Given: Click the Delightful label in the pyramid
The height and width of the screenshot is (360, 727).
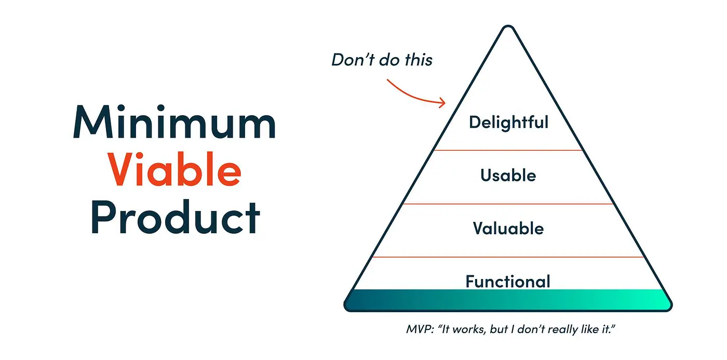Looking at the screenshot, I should click(508, 123).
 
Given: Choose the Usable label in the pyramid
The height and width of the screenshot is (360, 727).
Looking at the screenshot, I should click(508, 176).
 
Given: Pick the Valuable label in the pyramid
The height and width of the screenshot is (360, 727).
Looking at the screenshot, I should click(508, 229).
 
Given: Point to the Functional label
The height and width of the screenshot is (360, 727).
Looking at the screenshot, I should click(508, 281).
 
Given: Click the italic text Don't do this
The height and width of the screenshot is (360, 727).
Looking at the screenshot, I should click(382, 60).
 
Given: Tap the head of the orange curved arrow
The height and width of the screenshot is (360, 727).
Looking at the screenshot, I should click(443, 102).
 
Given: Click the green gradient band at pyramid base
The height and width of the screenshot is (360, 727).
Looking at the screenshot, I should click(508, 300).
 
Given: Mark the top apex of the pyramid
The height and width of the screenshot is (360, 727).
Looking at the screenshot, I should click(508, 27).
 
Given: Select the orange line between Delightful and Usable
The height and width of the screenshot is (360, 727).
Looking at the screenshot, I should click(508, 151).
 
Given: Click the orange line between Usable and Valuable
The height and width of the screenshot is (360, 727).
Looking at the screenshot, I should click(508, 204).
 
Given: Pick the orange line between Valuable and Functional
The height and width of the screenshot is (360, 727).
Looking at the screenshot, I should click(508, 257).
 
